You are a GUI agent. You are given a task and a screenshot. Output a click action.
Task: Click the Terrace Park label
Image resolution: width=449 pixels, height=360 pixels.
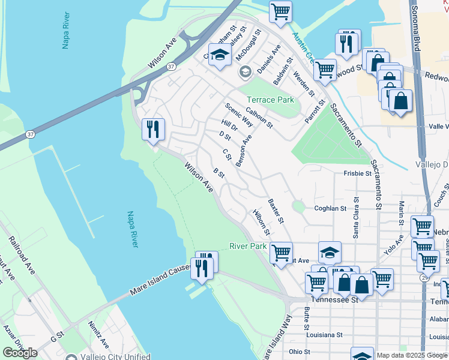click(271, 100)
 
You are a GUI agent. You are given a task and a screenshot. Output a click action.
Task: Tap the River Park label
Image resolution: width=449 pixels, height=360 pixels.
click(247, 246)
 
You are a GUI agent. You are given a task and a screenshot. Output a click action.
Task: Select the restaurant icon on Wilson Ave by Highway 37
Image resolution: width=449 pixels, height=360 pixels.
click(153, 129)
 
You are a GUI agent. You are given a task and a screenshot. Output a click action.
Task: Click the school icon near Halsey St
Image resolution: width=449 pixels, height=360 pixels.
click(220, 55)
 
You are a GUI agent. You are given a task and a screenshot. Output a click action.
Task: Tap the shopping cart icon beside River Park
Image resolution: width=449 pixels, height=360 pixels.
click(280, 252)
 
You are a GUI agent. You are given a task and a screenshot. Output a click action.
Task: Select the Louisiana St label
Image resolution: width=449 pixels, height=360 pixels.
click(324, 335)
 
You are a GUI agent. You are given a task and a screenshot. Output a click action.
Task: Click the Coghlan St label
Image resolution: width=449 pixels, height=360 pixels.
click(331, 208)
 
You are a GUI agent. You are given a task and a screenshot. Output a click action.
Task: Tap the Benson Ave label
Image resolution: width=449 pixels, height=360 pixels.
click(244, 151)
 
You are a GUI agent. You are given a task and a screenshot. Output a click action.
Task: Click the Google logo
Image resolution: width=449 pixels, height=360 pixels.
click(20, 353)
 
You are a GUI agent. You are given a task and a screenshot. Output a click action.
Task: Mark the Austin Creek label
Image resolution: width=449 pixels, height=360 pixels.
click(303, 47)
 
